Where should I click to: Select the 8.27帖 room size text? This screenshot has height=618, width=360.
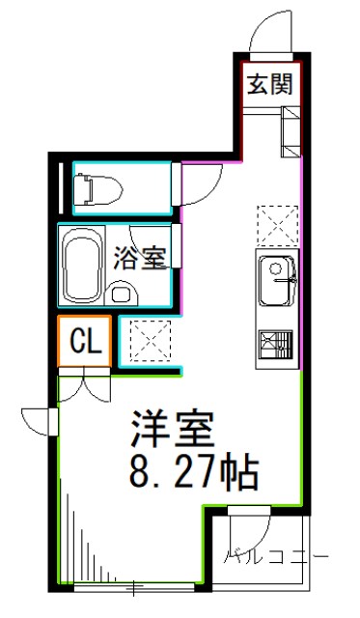point(192,473)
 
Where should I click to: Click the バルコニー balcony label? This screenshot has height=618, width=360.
point(277,557)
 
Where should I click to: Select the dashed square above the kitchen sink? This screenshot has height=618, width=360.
point(276,225)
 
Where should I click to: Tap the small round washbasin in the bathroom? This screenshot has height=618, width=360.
point(121,293)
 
